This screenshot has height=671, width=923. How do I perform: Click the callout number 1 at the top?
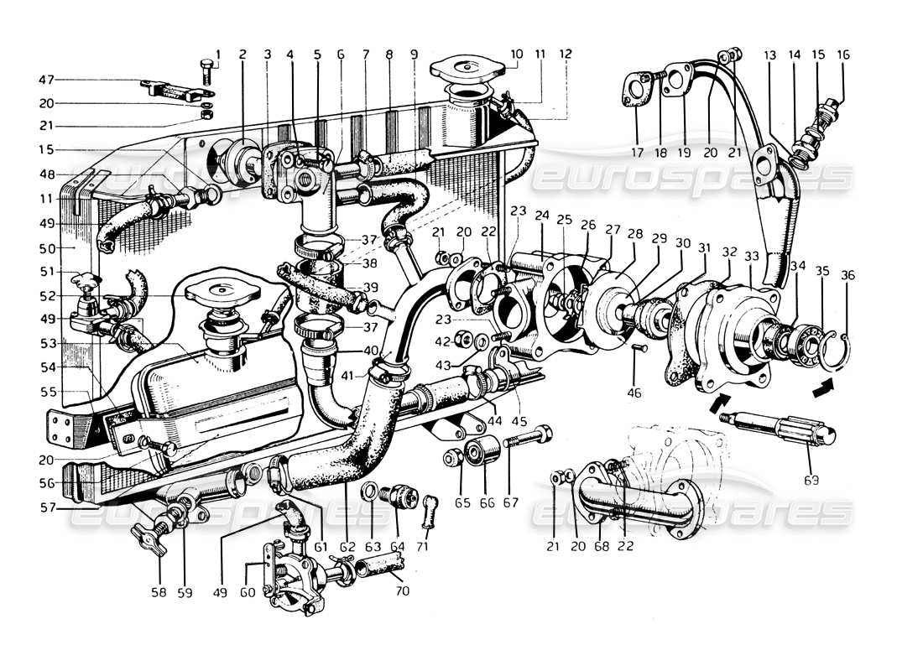pos(218,55)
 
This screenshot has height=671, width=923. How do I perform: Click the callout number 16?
pos(843,55)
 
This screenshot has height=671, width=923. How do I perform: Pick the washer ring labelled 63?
pos(369,492)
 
